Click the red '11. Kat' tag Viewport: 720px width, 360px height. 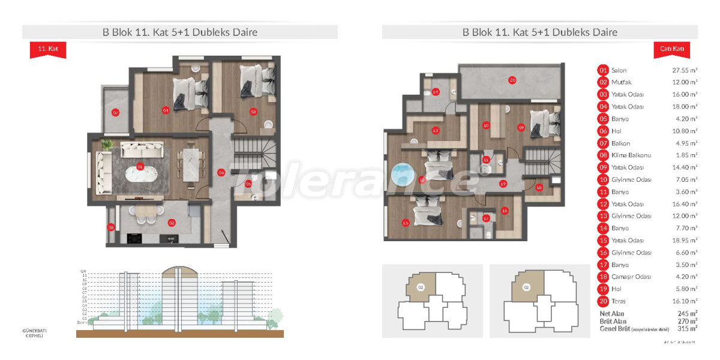pyautogui.click(x=43, y=47)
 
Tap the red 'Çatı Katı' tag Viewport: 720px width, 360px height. pyautogui.click(x=671, y=47)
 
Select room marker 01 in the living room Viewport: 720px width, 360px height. pyautogui.click(x=140, y=166)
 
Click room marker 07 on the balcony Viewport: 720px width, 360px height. pyautogui.click(x=115, y=112)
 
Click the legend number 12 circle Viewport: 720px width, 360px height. pyautogui.click(x=603, y=204)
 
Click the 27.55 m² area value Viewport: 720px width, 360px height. pyautogui.click(x=685, y=70)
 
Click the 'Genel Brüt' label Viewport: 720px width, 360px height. pyautogui.click(x=614, y=328)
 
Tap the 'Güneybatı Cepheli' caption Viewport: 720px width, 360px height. pyautogui.click(x=34, y=333)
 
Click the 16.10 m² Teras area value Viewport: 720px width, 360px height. pyautogui.click(x=685, y=301)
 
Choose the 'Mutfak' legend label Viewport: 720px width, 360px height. pyautogui.click(x=622, y=82)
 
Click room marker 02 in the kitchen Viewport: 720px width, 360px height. pyautogui.click(x=172, y=223)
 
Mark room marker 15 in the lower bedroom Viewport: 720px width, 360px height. pyautogui.click(x=406, y=223)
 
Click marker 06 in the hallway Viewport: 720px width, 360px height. pyautogui.click(x=221, y=173)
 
